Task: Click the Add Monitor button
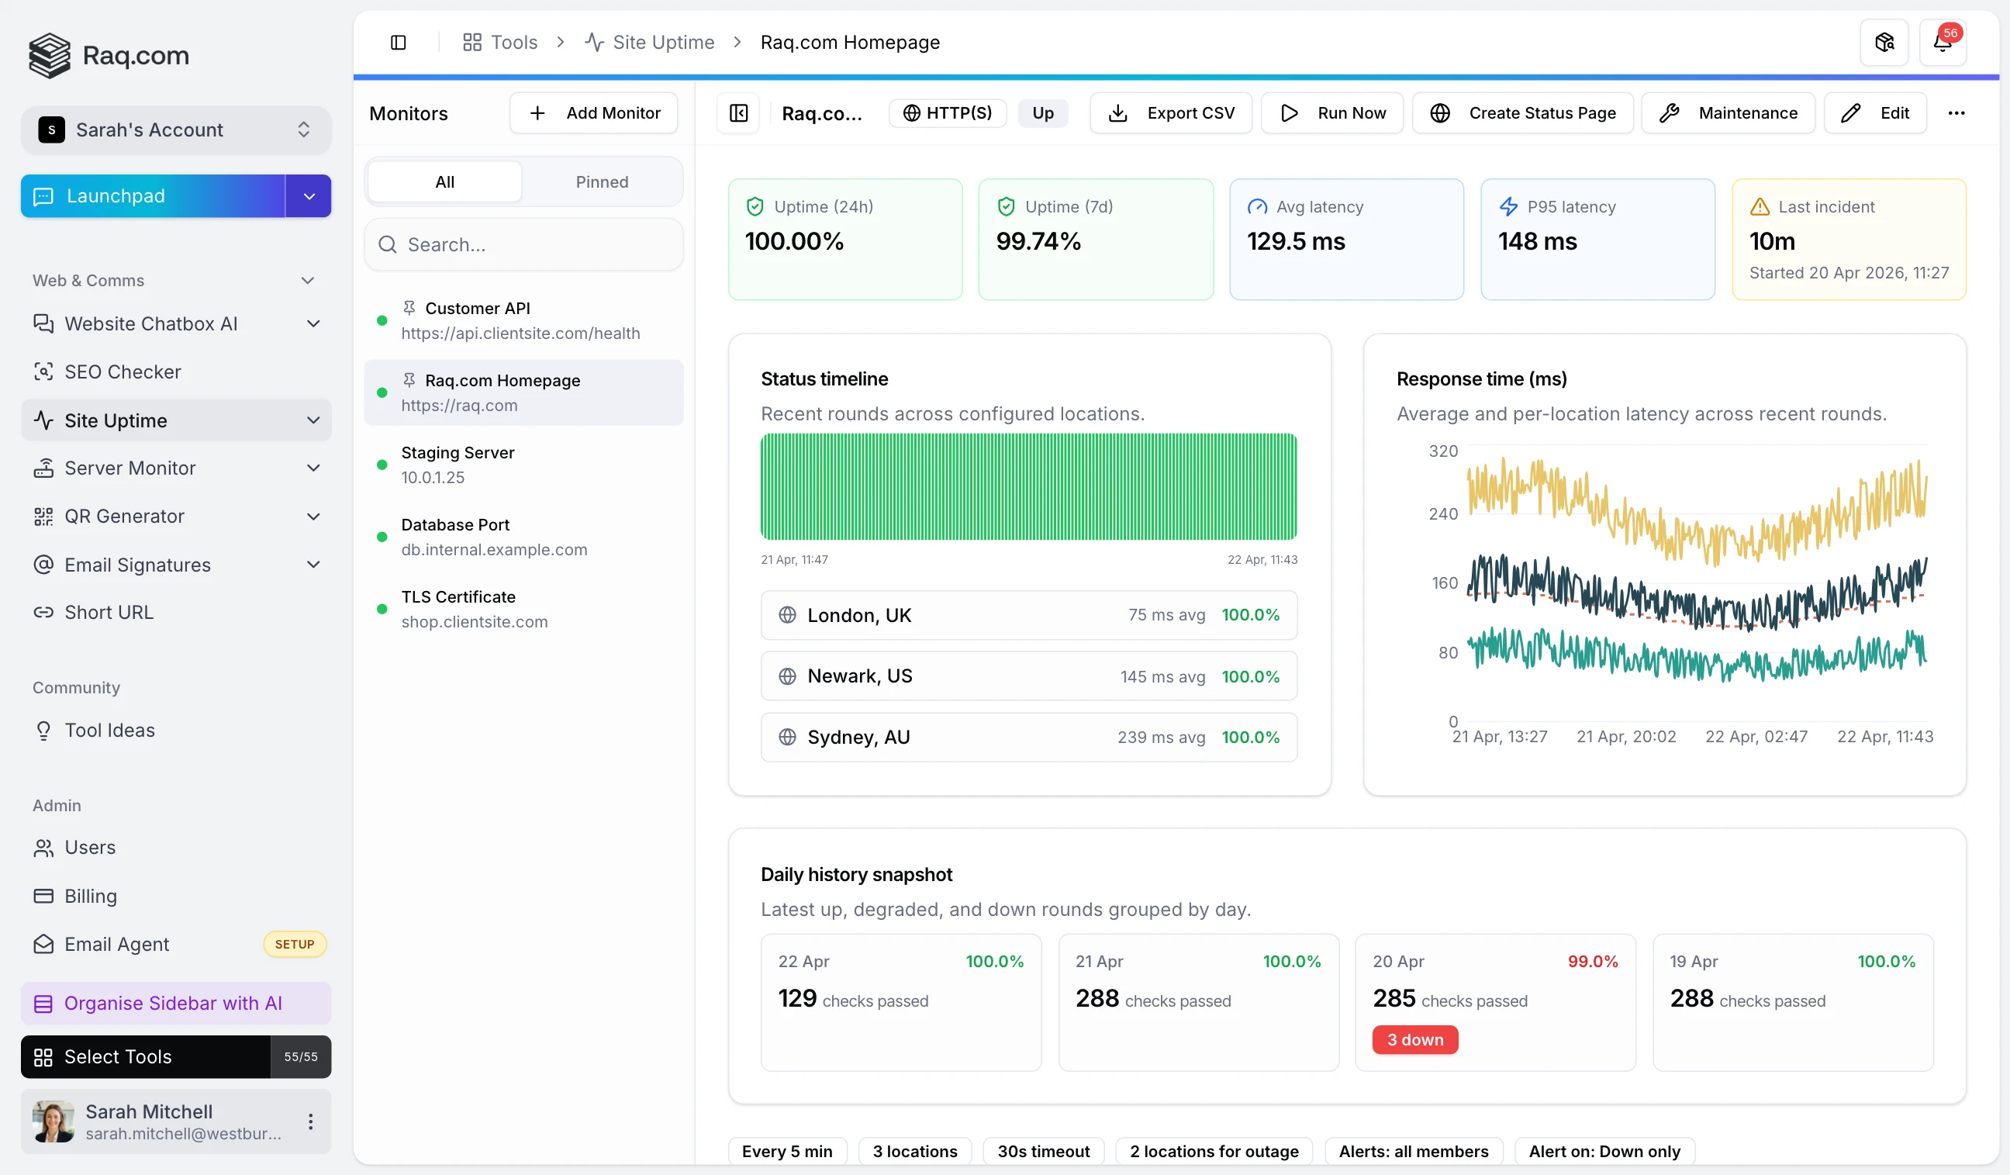(x=593, y=113)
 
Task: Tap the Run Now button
(x=1332, y=113)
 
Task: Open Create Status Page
(x=1522, y=113)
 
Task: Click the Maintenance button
(x=1728, y=113)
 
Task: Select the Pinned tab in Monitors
(x=602, y=182)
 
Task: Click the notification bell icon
(x=1942, y=43)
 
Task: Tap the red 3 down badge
(x=1414, y=1040)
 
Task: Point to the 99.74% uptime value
(x=1038, y=242)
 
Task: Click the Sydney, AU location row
(x=1028, y=737)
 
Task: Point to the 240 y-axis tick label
(x=1442, y=514)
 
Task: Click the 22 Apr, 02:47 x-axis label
(x=1756, y=737)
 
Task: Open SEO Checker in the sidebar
(x=123, y=372)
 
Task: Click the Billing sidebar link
(x=90, y=896)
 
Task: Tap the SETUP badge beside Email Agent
(x=295, y=945)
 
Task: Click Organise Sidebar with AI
(x=173, y=1004)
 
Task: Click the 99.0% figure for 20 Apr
(x=1592, y=962)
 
